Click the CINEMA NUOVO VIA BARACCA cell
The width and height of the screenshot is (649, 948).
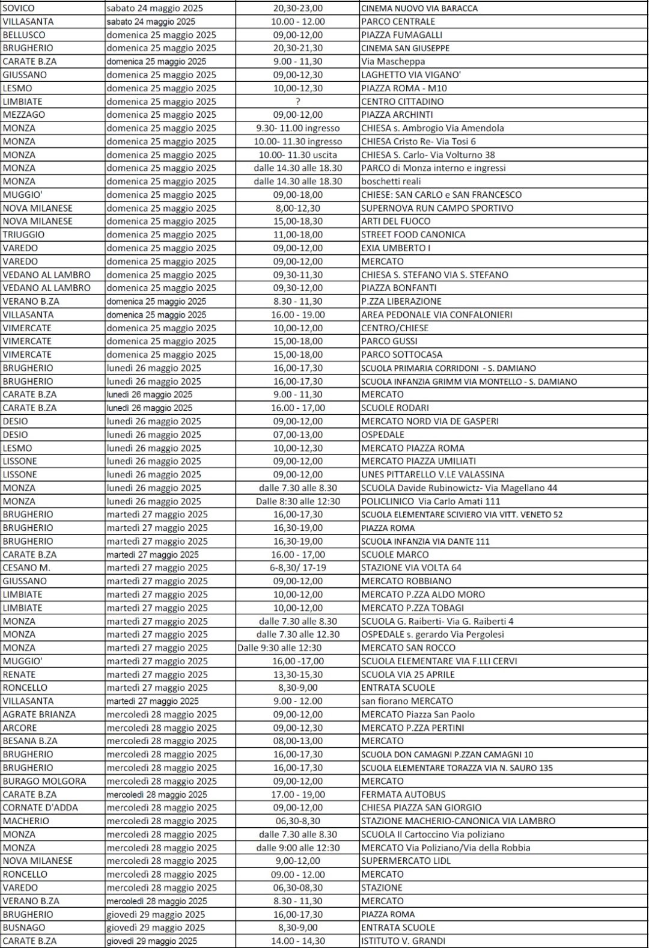(419, 8)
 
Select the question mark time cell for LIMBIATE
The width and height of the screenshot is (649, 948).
(297, 102)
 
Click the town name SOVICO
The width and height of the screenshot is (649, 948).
(19, 8)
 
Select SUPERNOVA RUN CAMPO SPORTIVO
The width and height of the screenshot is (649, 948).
(437, 208)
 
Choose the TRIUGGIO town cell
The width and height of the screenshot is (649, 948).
(23, 234)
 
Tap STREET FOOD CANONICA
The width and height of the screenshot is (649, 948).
(413, 234)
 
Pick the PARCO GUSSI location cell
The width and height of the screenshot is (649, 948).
(389, 341)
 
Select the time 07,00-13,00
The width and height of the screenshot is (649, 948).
(297, 435)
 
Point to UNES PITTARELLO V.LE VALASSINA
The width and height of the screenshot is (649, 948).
(433, 474)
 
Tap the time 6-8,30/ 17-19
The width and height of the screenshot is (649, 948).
(297, 567)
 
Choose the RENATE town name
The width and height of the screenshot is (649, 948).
(19, 674)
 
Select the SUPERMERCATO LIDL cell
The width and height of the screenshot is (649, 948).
(406, 861)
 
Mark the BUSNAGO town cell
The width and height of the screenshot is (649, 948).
(24, 928)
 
